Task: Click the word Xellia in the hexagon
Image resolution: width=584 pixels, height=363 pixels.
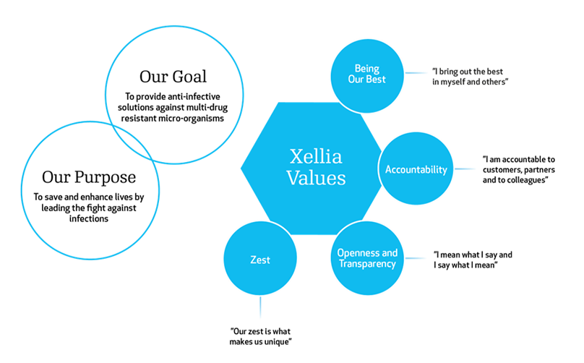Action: [316, 155]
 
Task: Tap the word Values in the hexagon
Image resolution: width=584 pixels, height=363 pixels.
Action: [316, 177]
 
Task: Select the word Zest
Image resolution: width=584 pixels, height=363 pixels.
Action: [259, 260]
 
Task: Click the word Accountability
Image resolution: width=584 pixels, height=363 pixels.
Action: [416, 170]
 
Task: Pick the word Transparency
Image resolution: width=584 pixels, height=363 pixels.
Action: [367, 264]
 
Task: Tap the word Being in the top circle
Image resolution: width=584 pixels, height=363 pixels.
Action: [366, 69]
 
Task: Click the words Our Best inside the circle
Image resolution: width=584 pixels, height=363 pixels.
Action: [366, 80]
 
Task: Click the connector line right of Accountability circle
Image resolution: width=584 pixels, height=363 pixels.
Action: [464, 170]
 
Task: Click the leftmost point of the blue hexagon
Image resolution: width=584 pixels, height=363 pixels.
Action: [241, 168]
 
